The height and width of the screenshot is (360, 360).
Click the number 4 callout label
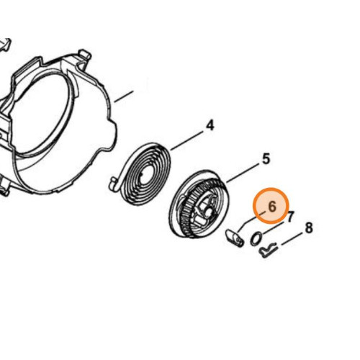click(210, 126)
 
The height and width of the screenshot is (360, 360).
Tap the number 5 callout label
click(266, 159)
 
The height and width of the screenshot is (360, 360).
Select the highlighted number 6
click(272, 207)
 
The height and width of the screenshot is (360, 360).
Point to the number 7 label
click(291, 217)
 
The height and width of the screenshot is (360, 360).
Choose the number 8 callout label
click(309, 228)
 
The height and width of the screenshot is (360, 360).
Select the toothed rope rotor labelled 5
click(199, 204)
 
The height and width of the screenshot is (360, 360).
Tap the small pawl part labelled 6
click(235, 238)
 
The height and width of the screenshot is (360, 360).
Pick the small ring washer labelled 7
click(256, 239)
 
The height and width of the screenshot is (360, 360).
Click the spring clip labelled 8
click(269, 251)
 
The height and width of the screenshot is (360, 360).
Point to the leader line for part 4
click(186, 140)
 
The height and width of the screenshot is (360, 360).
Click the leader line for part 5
click(243, 173)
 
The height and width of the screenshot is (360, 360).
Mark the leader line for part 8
click(292, 239)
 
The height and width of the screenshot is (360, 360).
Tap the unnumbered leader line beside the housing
click(123, 96)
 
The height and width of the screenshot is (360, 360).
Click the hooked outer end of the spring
click(114, 184)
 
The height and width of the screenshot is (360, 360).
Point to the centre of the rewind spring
click(145, 174)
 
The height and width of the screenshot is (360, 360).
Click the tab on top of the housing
click(84, 55)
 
